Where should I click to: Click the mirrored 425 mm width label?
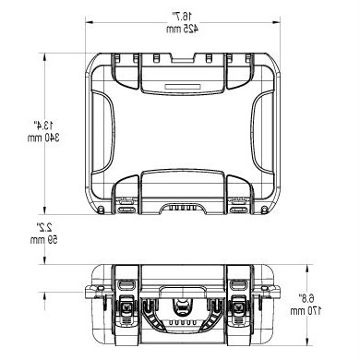click(x=183, y=29)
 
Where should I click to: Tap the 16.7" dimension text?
click(x=183, y=16)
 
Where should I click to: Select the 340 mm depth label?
click(x=43, y=138)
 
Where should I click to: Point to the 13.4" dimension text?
click(x=43, y=126)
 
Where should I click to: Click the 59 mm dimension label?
click(x=43, y=240)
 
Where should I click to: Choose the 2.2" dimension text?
click(x=45, y=227)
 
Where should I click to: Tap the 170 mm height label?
click(x=306, y=311)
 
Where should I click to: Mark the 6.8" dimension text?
click(x=306, y=298)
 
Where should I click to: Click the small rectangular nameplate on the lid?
click(x=184, y=87)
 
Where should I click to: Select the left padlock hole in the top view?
click(x=101, y=210)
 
